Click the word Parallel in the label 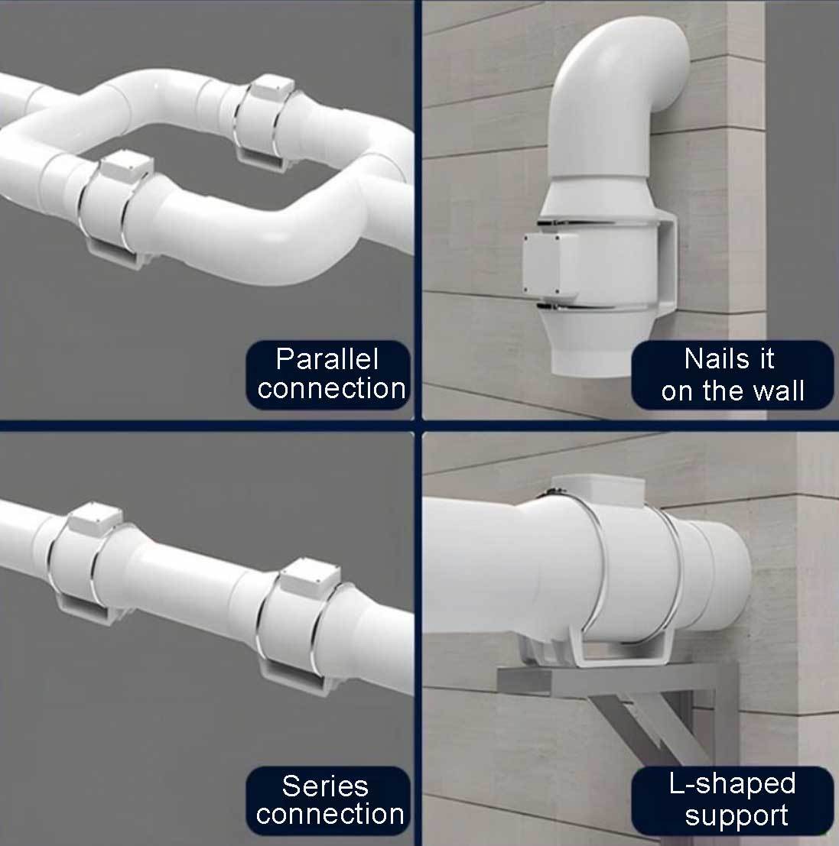[x=327, y=358]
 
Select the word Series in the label [x=325, y=786]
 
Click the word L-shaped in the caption [x=732, y=783]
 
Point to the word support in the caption [x=737, y=815]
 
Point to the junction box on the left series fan [x=96, y=518]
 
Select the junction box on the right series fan [x=310, y=577]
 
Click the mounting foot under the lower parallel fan [x=116, y=254]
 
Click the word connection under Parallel [x=331, y=388]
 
